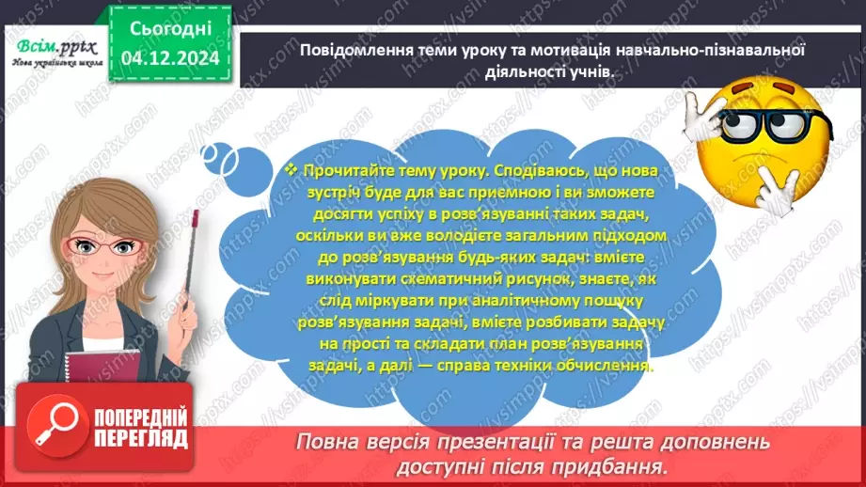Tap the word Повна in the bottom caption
324,441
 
